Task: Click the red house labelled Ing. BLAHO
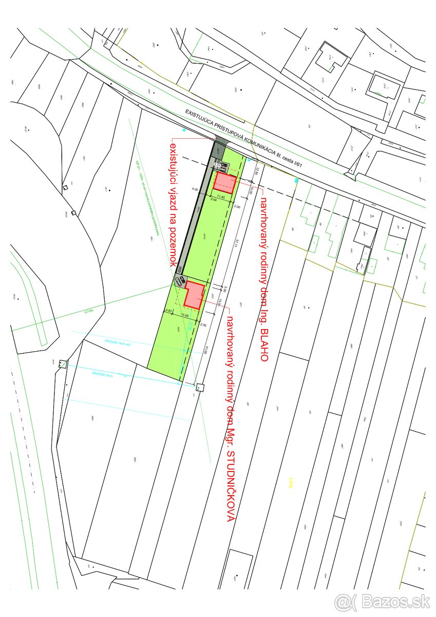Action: pyautogui.click(x=225, y=183)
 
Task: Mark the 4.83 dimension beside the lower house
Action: pyautogui.click(x=168, y=311)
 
